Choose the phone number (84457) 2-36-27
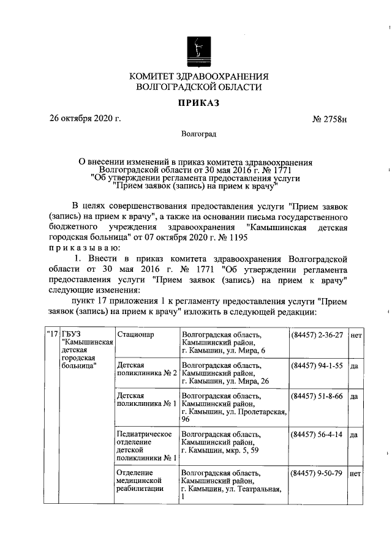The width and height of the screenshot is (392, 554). pos(317,335)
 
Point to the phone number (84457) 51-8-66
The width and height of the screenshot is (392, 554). pos(317,396)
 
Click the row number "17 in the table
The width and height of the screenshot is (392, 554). pos(51,334)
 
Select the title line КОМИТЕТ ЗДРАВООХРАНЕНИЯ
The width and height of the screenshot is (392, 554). pos(198,77)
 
